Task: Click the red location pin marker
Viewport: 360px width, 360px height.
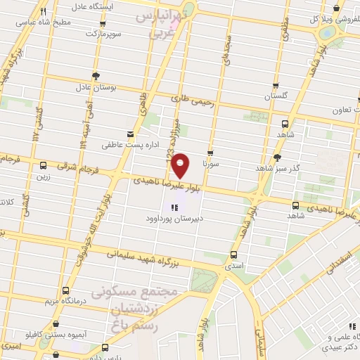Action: (x=181, y=165)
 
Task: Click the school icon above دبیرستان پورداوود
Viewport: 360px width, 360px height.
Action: (x=174, y=207)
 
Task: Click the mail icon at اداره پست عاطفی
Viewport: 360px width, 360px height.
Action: (x=129, y=133)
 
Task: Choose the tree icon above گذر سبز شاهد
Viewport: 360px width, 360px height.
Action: (x=279, y=158)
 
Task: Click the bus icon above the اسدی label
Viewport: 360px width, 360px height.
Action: (x=235, y=255)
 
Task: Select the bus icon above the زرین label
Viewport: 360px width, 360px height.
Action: (x=44, y=166)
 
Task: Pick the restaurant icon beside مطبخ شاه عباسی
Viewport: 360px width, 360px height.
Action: (x=44, y=12)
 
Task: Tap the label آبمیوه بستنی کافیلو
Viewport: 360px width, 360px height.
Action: (x=67, y=335)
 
